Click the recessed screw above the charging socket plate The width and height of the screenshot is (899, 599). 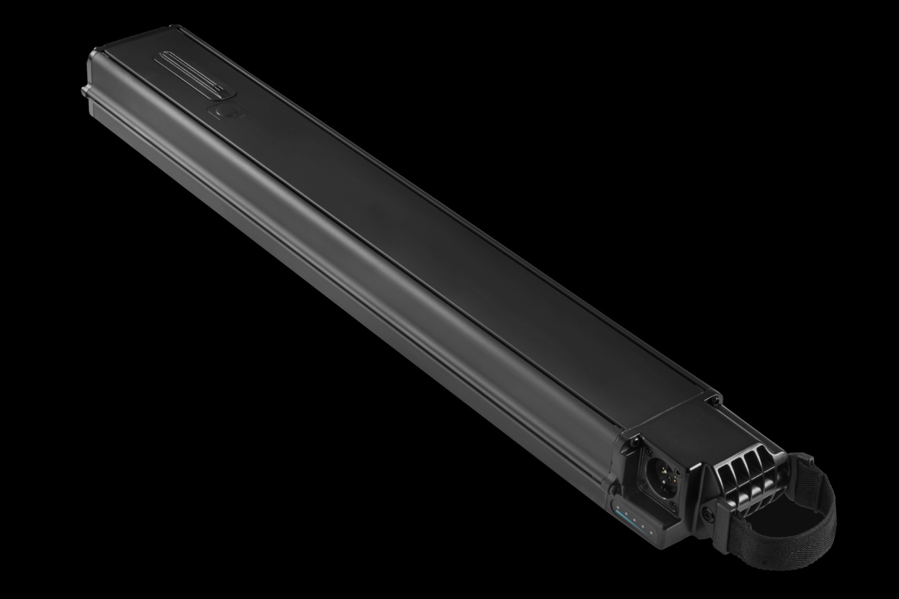(x=635, y=441)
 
